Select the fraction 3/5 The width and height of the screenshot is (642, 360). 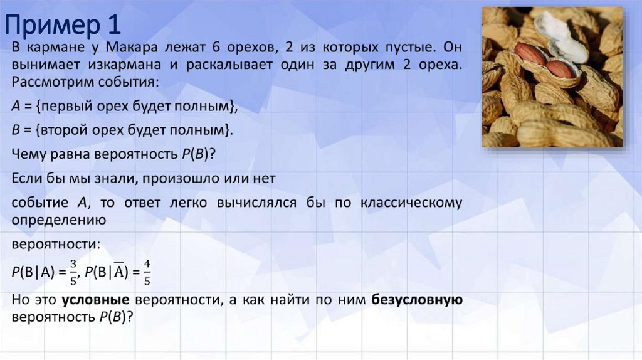point(73,272)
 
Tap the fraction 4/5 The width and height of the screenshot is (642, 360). point(147,272)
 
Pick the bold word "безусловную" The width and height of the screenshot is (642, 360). point(417,300)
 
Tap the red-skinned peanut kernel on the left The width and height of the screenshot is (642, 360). point(530,55)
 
